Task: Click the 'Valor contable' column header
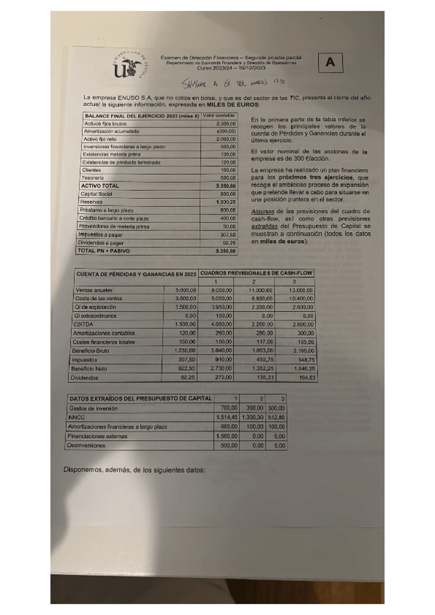[219, 116]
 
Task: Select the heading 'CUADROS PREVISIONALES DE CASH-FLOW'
[258, 273]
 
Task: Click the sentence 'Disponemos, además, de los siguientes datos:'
[134, 469]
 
